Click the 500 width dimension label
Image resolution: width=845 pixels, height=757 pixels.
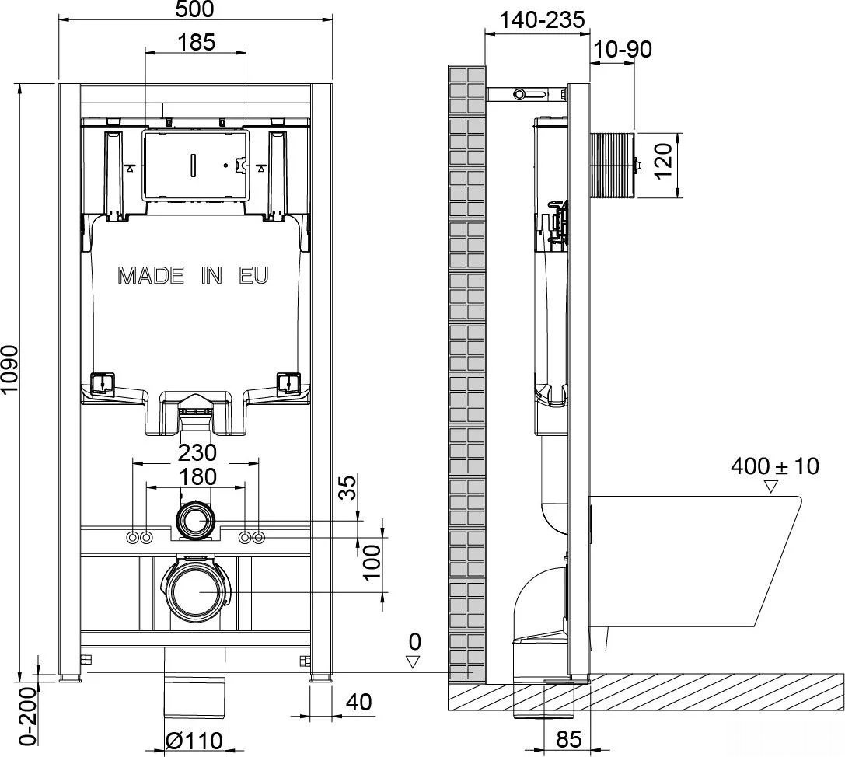[x=195, y=9]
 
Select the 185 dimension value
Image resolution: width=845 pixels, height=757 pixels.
[x=196, y=42]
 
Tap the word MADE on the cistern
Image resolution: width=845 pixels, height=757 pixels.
[x=150, y=276]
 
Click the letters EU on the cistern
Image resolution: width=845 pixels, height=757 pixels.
[x=253, y=276]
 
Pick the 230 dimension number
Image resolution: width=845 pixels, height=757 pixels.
[x=197, y=452]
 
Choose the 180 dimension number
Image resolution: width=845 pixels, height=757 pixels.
[x=197, y=477]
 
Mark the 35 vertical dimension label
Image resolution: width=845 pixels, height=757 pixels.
[x=348, y=487]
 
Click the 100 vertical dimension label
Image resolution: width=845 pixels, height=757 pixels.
[x=372, y=562]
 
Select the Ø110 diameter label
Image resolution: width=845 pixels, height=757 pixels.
[x=194, y=741]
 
